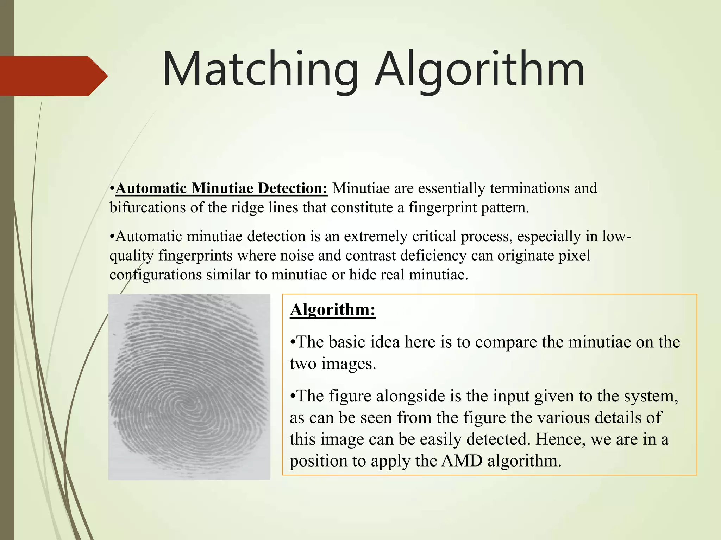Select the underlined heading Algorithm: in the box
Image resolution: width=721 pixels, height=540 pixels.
tap(333, 310)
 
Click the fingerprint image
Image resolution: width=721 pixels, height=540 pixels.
tap(189, 387)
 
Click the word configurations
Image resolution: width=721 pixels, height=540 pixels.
tap(155, 275)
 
